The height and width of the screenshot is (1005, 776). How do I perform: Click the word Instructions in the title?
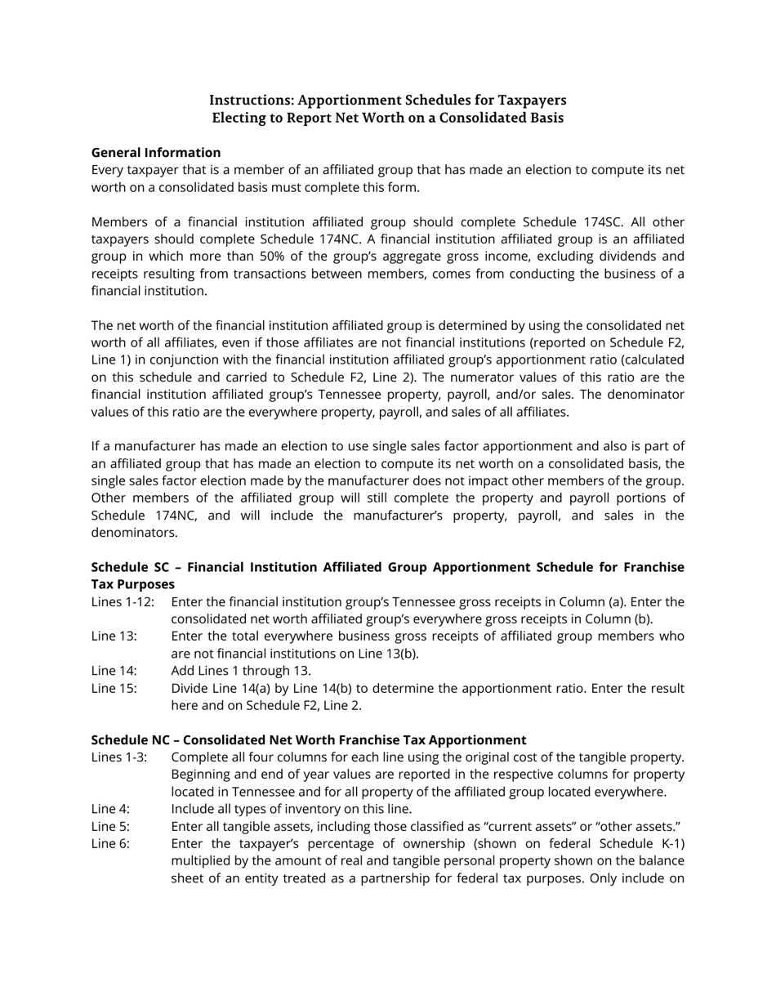(x=249, y=100)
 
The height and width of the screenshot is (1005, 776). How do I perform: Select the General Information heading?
(x=156, y=153)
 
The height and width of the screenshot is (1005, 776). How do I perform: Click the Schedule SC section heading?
(x=387, y=575)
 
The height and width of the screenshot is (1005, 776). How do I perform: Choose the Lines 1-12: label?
(x=123, y=602)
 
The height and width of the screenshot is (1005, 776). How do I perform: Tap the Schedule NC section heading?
(x=309, y=740)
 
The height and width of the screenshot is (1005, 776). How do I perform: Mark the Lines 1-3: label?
(x=119, y=757)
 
